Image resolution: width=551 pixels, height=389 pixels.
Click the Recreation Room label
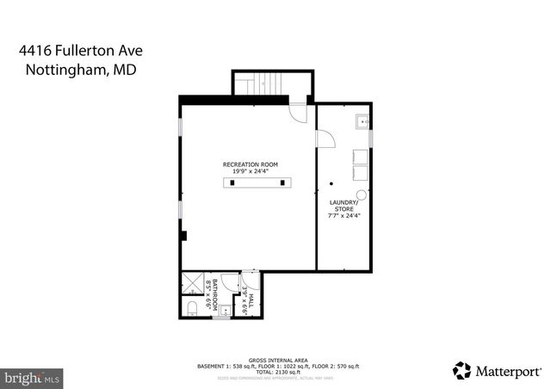[x=250, y=164]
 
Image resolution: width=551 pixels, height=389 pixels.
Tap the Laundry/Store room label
[x=344, y=205]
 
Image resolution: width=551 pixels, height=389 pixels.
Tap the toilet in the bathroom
[x=191, y=307]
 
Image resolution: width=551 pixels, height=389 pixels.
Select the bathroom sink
[x=225, y=311]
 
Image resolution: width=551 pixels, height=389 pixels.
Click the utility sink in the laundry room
[x=362, y=121]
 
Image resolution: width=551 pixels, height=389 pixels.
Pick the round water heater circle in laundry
[x=362, y=194]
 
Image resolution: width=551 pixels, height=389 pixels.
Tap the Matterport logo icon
[x=462, y=371]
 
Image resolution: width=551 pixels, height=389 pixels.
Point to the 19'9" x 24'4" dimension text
[x=250, y=171]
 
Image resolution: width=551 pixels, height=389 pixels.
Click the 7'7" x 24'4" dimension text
[x=344, y=217]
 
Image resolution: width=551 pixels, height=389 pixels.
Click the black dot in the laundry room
[x=331, y=183]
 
